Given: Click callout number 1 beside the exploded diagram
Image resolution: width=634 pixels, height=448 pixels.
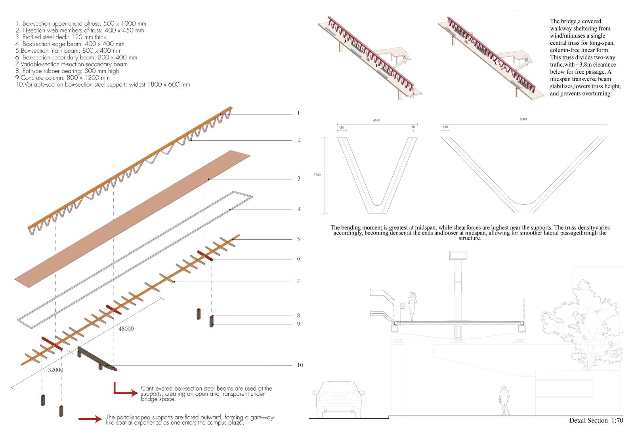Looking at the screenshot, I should [298, 114].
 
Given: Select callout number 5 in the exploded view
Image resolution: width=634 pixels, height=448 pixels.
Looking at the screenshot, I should [298, 239].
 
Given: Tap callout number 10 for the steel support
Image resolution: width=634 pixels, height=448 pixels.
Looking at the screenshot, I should [300, 365].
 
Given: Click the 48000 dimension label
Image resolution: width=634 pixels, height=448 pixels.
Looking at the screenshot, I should [126, 328].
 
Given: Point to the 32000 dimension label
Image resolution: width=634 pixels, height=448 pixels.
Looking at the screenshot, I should [55, 370].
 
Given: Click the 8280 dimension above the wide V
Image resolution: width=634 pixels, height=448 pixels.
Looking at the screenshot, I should [523, 119].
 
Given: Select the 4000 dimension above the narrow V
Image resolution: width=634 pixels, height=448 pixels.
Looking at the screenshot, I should [376, 120].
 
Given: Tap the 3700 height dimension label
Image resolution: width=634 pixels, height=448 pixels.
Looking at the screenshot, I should [317, 174].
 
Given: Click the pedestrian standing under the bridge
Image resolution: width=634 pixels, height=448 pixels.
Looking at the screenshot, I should [504, 400].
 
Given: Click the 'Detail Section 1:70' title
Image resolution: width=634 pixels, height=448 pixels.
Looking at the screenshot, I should [596, 420].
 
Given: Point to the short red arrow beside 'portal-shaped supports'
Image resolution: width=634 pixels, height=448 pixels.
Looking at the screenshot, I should [90, 419].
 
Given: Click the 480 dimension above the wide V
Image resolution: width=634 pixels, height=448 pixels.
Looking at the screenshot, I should [445, 127].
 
